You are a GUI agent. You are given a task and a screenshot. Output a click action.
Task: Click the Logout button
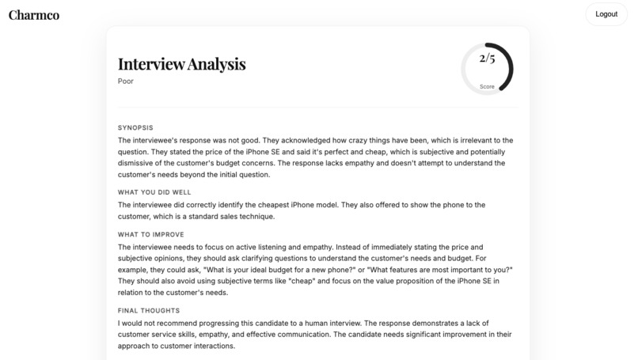click(606, 14)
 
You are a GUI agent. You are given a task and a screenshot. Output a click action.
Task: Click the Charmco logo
click(34, 14)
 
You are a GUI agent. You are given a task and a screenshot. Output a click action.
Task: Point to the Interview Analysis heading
click(181, 64)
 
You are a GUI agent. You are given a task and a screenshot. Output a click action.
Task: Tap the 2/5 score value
click(487, 59)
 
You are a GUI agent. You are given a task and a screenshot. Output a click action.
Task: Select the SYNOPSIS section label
click(135, 127)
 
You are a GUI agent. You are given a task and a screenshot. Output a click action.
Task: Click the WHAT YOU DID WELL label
click(154, 192)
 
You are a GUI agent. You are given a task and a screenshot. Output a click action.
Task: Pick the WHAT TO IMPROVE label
click(150, 234)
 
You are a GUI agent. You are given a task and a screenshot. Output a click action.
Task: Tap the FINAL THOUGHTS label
click(149, 311)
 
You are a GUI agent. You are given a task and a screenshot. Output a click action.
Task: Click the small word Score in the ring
click(487, 86)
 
